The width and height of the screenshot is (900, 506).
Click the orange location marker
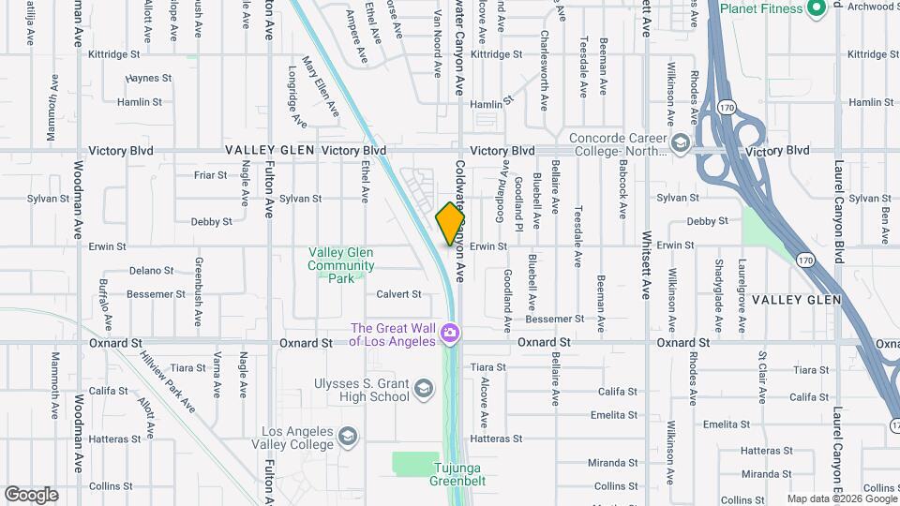(450, 223)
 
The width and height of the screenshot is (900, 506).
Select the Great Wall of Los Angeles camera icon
(451, 334)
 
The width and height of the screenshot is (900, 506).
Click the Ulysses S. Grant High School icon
(424, 388)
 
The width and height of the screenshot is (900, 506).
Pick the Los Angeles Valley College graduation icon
(348, 437)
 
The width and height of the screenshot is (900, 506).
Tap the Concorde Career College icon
(680, 144)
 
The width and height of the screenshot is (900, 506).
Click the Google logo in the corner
(31, 495)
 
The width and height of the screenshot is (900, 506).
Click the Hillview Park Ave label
(167, 380)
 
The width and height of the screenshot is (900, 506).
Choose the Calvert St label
(398, 294)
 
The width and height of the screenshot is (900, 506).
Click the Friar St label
(210, 175)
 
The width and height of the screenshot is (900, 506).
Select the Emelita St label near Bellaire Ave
(614, 415)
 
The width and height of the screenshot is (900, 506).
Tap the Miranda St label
(612, 463)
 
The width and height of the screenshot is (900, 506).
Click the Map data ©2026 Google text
(842, 499)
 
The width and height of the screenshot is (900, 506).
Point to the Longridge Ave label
(297, 97)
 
